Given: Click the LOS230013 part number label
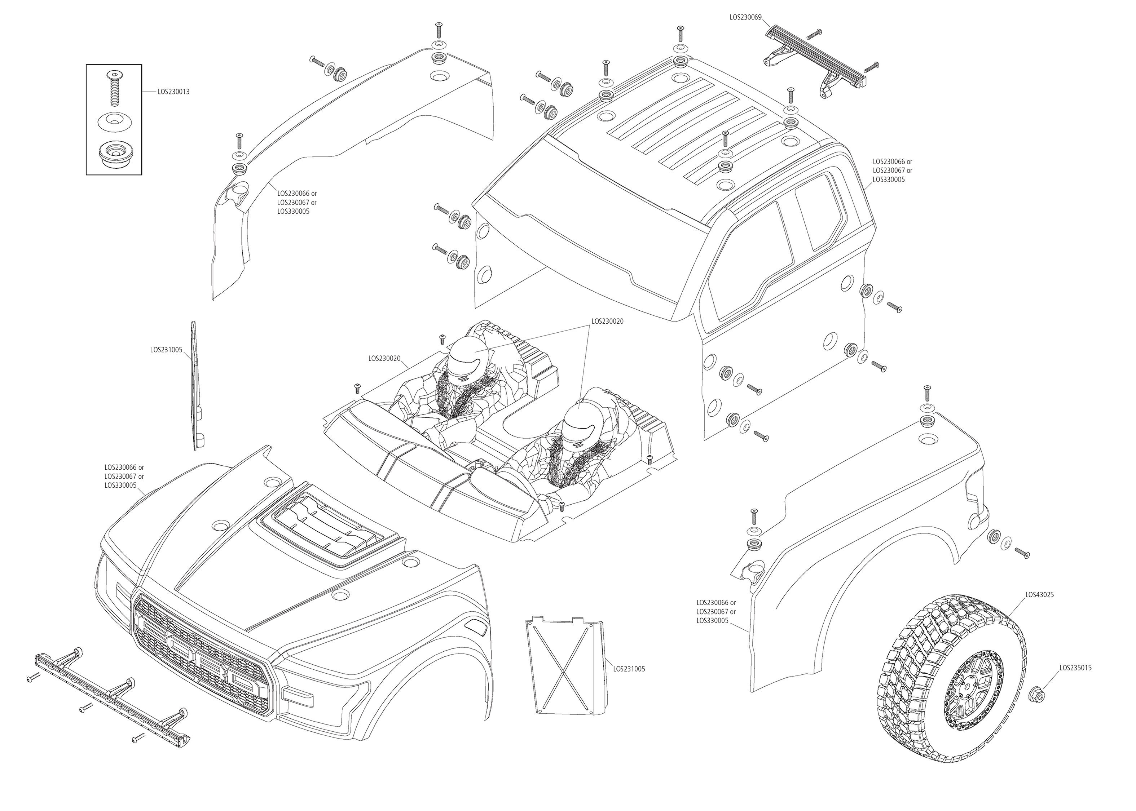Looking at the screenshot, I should (173, 92).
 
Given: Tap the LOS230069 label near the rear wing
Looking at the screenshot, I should (745, 17).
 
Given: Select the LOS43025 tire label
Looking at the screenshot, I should (1040, 595).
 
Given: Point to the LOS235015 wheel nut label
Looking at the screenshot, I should (1075, 668).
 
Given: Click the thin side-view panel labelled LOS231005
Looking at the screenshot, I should (196, 385).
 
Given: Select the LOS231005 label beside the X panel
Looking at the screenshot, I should (629, 669).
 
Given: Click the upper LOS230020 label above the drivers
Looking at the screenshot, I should (607, 322).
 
